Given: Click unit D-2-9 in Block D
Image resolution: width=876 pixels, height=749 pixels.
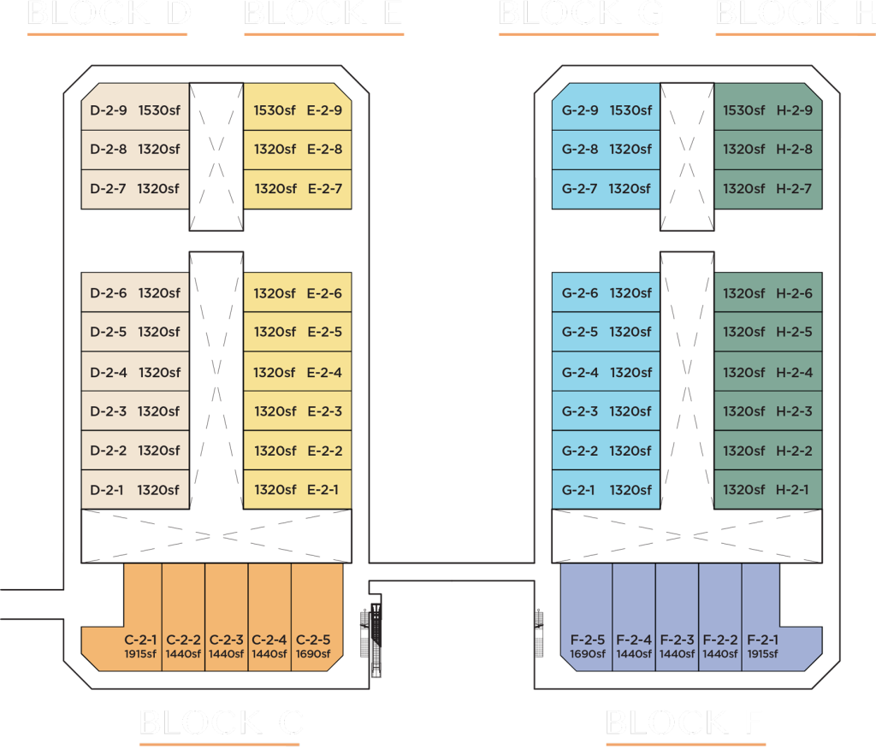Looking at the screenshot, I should click(135, 109).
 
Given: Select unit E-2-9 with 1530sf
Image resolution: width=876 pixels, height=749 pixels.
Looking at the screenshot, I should click(297, 109).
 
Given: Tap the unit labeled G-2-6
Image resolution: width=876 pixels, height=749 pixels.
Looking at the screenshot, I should click(606, 293).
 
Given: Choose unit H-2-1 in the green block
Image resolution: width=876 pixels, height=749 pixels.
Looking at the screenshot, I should click(767, 490).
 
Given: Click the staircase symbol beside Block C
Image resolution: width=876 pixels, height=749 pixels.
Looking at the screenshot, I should click(372, 633).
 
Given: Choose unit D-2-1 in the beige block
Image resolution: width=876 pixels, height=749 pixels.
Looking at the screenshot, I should click(135, 490).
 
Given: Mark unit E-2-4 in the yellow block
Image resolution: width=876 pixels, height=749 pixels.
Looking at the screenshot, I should click(297, 373).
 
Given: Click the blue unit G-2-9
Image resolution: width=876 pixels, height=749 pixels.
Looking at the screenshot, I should click(606, 109).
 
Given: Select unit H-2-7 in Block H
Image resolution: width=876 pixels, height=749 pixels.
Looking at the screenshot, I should click(767, 188).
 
